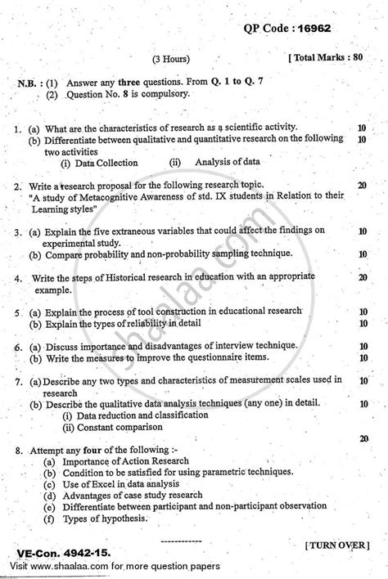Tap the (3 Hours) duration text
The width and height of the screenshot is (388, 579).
[172, 59]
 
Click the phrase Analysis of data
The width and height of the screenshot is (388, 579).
[228, 163]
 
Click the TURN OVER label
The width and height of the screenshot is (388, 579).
[340, 544]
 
